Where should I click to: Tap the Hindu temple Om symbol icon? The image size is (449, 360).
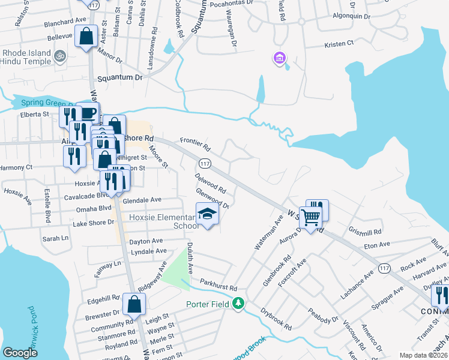click(59, 58)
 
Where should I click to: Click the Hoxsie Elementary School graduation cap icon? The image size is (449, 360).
click(207, 214)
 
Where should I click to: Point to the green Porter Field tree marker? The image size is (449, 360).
click(239, 304)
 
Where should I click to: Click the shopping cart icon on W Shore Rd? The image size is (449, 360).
click(311, 217)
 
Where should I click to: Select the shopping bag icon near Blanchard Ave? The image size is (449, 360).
click(87, 35)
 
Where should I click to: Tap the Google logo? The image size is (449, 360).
click(20, 353)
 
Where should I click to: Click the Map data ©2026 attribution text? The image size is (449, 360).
click(423, 355)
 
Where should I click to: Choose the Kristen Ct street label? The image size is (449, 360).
click(340, 45)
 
